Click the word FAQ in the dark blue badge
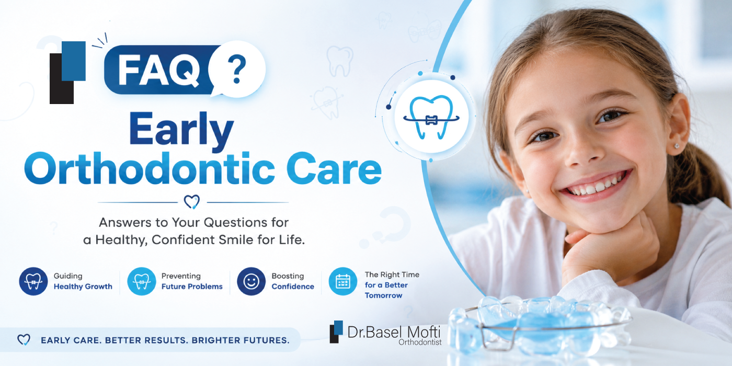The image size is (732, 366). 159,70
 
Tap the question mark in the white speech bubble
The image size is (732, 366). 237,68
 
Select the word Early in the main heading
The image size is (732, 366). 182,130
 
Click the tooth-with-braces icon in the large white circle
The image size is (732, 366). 431,117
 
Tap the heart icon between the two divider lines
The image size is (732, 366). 192,202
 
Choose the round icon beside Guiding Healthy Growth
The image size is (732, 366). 33,281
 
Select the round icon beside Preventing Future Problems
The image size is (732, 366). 142,281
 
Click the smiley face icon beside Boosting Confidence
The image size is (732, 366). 251,281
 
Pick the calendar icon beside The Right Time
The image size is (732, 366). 343,281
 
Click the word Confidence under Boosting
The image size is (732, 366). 293,287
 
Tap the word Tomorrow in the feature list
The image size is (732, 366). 383,295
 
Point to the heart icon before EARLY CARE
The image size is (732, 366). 24,340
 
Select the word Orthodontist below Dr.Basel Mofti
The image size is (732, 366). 420,342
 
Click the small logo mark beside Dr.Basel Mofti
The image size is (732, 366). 336,331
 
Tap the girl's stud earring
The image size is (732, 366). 677,146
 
